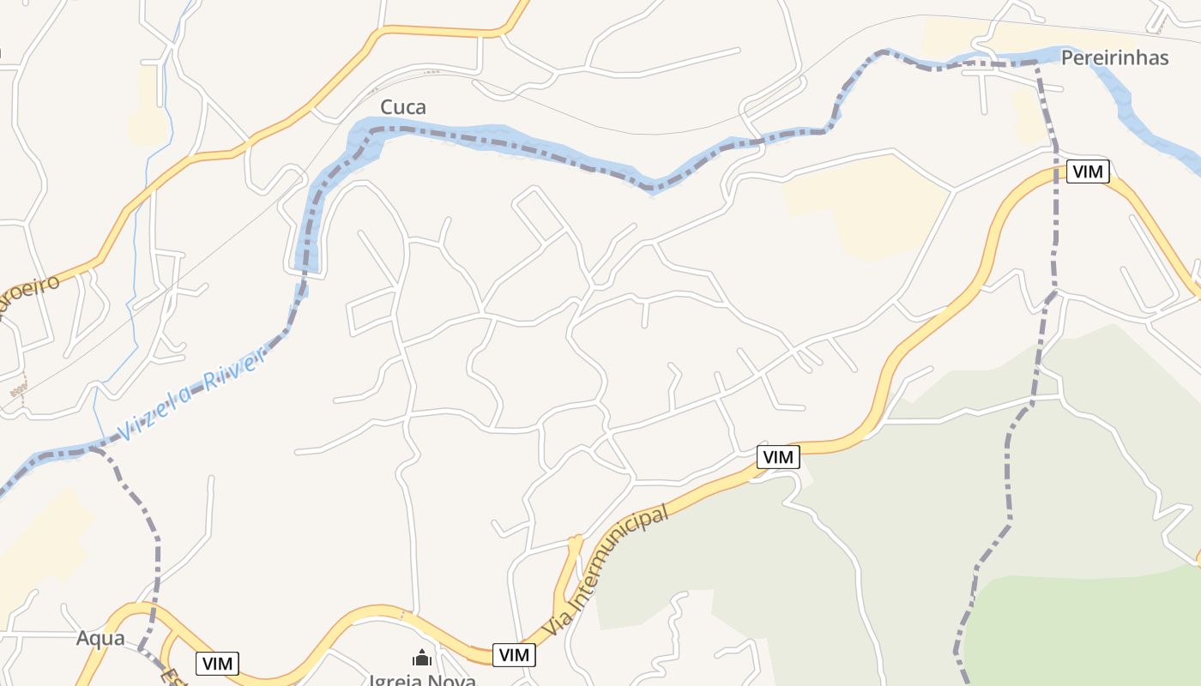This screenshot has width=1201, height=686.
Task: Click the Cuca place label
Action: tap(402, 107)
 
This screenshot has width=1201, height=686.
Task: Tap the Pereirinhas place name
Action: tap(1114, 57)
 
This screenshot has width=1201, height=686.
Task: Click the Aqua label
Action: tap(100, 638)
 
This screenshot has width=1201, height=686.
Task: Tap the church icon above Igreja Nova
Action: tap(421, 658)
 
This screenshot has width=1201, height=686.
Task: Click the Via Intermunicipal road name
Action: tap(608, 566)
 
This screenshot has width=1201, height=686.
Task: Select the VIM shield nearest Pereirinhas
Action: tap(1087, 171)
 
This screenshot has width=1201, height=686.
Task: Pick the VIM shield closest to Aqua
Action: tap(217, 663)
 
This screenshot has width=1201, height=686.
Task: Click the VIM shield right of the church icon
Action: tap(514, 655)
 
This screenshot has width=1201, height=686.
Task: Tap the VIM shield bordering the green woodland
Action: tap(777, 457)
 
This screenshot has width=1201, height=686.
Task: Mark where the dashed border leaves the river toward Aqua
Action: tap(97, 449)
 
